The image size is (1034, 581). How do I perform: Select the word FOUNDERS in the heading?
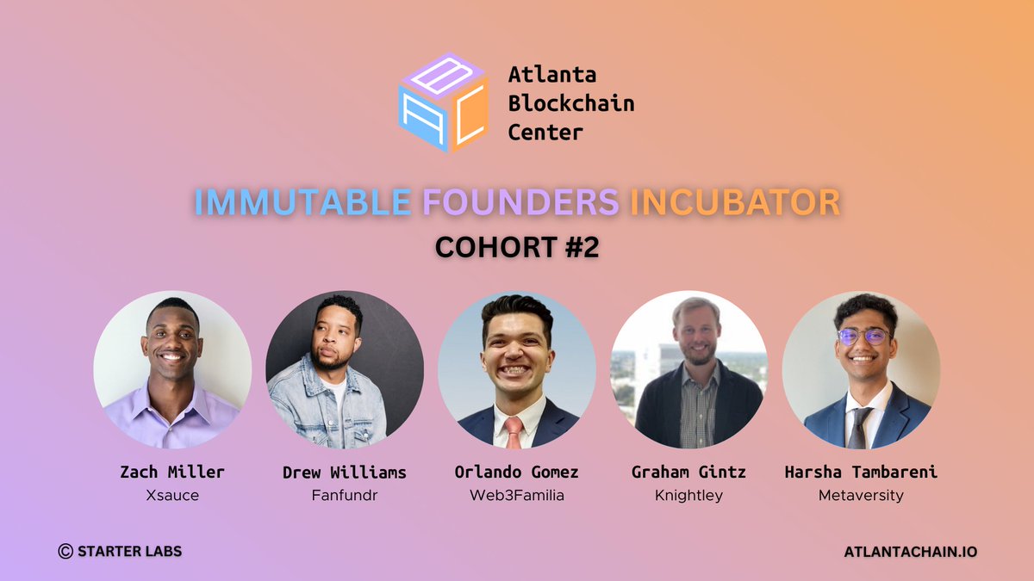[x=520, y=202]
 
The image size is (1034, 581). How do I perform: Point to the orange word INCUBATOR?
[x=735, y=202]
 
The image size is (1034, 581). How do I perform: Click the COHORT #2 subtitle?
[x=517, y=247]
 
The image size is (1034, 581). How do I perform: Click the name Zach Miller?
[x=172, y=472]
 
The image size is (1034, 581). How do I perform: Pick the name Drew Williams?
[x=344, y=472]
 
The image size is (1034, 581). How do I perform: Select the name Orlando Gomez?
[x=516, y=472]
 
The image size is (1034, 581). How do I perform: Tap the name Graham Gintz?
[x=688, y=472]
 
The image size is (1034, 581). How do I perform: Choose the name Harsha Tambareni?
[x=860, y=472]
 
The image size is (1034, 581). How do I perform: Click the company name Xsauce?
[x=172, y=496]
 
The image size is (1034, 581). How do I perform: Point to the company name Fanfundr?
[x=344, y=496]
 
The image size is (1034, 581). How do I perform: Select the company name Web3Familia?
[x=516, y=496]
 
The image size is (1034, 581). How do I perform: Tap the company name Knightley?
[x=688, y=496]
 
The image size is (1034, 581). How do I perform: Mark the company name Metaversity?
[x=860, y=496]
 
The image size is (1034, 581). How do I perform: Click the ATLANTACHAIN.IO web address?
[x=911, y=552]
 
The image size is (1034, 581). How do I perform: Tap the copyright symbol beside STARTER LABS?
[x=65, y=552]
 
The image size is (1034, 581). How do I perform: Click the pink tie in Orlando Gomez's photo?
[x=514, y=430]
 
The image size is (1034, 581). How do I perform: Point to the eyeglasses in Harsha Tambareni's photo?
[x=863, y=337]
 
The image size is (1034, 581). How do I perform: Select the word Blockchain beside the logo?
[x=570, y=104]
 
